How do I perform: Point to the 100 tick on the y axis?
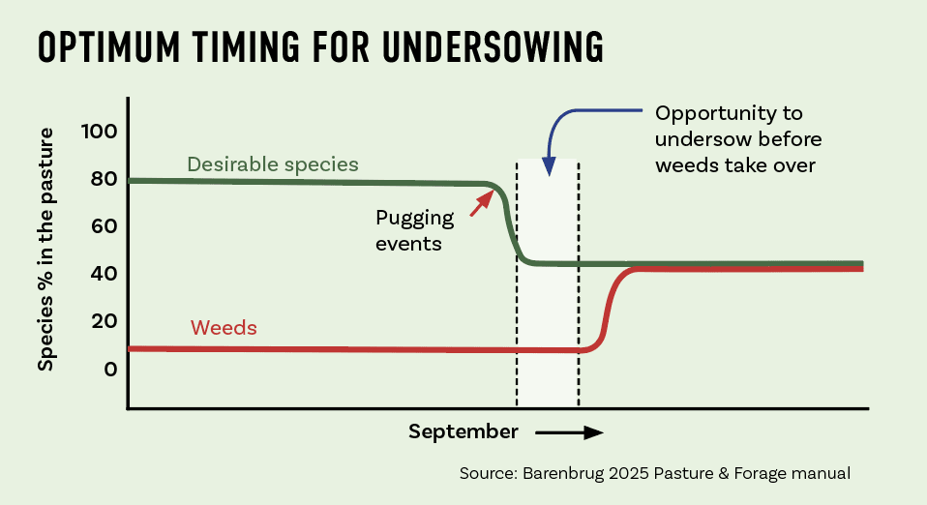tap(100, 132)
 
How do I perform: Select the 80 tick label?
tap(105, 179)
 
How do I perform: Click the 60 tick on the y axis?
tap(105, 225)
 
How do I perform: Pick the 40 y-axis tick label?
tap(105, 274)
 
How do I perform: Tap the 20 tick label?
tap(105, 321)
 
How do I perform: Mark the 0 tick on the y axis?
tap(111, 370)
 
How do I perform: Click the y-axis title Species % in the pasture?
tap(45, 250)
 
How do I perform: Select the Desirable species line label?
tap(273, 164)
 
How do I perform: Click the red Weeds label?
tap(224, 328)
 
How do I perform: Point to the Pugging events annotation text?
tap(414, 230)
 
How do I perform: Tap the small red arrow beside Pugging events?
tap(482, 203)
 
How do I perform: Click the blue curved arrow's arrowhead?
tap(550, 166)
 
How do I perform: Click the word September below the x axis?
tap(463, 432)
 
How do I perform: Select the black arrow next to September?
tap(569, 432)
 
